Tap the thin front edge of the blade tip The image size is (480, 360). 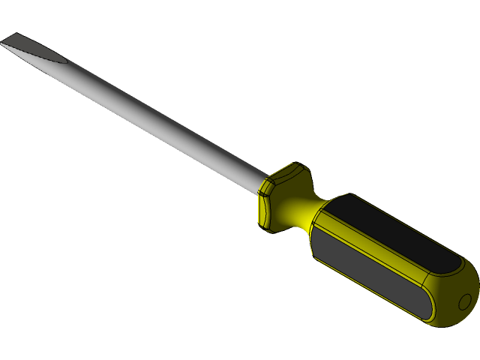point(5,41)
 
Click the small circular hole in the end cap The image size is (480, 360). point(465,302)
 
